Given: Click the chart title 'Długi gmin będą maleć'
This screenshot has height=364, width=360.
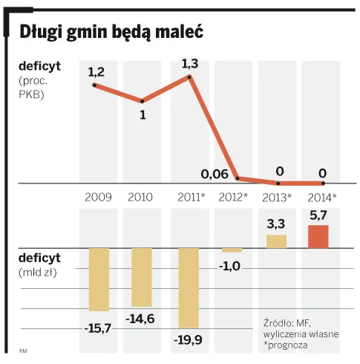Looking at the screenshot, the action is (111, 33).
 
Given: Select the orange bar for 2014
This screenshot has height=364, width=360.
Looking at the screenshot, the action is (318, 236).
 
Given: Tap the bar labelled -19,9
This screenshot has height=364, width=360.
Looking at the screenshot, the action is (189, 288).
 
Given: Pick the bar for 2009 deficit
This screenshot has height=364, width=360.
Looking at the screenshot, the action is (99, 279).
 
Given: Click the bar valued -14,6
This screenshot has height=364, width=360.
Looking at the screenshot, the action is (142, 277).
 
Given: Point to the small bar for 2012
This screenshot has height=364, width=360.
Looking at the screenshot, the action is (232, 250).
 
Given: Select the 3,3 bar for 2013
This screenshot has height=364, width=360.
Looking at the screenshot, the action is (276, 241).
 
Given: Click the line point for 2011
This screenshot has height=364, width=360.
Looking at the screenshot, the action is (189, 77).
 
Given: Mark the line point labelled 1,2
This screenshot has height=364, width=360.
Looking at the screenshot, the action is (94, 85).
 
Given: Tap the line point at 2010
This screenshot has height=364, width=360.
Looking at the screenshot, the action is (143, 101).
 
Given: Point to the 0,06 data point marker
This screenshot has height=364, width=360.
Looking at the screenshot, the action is (238, 178).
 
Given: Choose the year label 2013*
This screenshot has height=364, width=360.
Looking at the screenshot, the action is (277, 198).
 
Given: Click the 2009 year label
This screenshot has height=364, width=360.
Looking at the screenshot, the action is (98, 198).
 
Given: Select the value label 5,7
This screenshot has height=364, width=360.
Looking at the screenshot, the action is (318, 215).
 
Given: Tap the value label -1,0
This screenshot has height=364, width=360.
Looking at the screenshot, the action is (229, 266).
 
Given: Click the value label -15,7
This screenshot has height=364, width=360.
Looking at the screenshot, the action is (98, 328).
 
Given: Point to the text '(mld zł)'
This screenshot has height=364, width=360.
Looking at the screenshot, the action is (38, 273).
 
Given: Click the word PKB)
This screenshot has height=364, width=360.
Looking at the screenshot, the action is (31, 94).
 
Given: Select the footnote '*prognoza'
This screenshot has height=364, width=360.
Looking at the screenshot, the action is (286, 345).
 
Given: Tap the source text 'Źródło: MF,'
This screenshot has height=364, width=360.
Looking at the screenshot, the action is (287, 322).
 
